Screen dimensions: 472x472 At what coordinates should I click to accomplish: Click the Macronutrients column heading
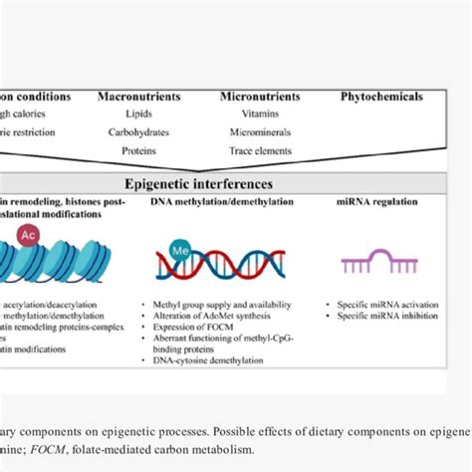[x=138, y=97]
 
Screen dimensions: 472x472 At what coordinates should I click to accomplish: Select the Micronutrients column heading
[x=259, y=97]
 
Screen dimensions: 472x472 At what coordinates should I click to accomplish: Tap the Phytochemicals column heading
[x=381, y=97]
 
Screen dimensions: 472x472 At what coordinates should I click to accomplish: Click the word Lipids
[x=138, y=115]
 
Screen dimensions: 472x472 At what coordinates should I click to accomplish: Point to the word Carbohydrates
[x=138, y=132]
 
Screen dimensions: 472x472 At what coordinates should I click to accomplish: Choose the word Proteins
[x=138, y=150]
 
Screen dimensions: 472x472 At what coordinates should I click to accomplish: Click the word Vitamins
[x=259, y=115]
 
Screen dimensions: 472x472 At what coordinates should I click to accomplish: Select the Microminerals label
[x=259, y=132]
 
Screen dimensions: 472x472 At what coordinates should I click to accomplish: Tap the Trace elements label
[x=259, y=150]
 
